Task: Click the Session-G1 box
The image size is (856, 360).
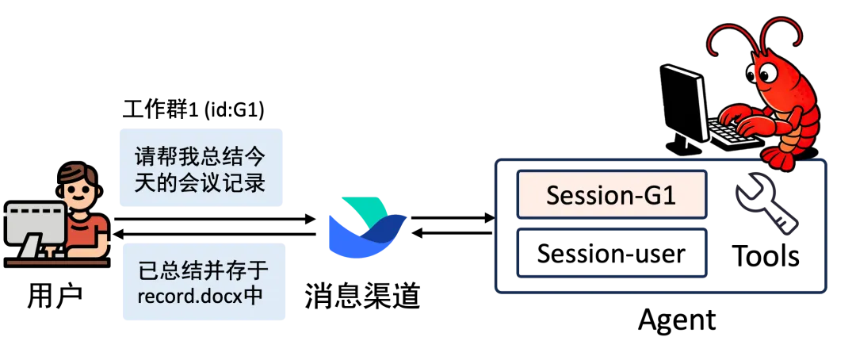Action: pos(611,195)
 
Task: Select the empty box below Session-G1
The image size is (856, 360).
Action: pos(611,254)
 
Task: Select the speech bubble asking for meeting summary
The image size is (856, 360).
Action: pos(199,167)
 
